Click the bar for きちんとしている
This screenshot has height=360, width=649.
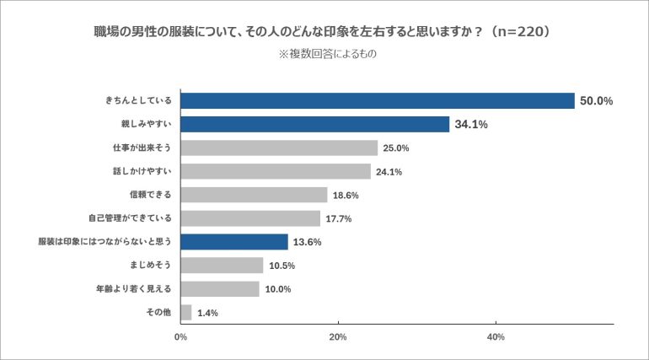378,101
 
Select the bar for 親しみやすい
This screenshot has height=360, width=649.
314,125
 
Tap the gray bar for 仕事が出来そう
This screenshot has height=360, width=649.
279,148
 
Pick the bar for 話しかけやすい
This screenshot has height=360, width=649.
276,172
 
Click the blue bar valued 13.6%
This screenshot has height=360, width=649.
234,242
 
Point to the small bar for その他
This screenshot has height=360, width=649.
186,313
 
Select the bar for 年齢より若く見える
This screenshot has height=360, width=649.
220,289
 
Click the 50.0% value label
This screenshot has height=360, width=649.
595,101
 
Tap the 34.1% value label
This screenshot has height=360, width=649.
471,125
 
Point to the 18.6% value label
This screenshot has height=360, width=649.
346,196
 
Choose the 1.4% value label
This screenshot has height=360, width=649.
207,314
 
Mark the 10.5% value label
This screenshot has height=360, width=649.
282,266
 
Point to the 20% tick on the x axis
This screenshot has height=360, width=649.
338,337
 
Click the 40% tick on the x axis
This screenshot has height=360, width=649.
496,337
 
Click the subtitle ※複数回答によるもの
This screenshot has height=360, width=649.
325,54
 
